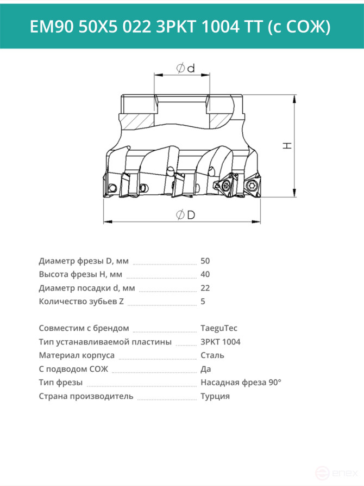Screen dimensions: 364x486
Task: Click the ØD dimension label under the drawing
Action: tap(186, 214)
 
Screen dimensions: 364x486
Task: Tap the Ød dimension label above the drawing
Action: tap(185, 68)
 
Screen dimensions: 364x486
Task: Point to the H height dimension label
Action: tap(287, 145)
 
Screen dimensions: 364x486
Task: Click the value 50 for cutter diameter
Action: tap(205, 261)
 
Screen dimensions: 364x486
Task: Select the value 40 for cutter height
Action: tap(205, 274)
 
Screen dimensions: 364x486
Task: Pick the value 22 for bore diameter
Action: tap(205, 288)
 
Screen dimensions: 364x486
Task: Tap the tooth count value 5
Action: tap(203, 302)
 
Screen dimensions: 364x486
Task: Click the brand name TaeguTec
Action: tap(219, 328)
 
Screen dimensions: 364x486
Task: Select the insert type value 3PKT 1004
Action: tap(221, 342)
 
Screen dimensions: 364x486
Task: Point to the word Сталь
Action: tap(212, 355)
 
